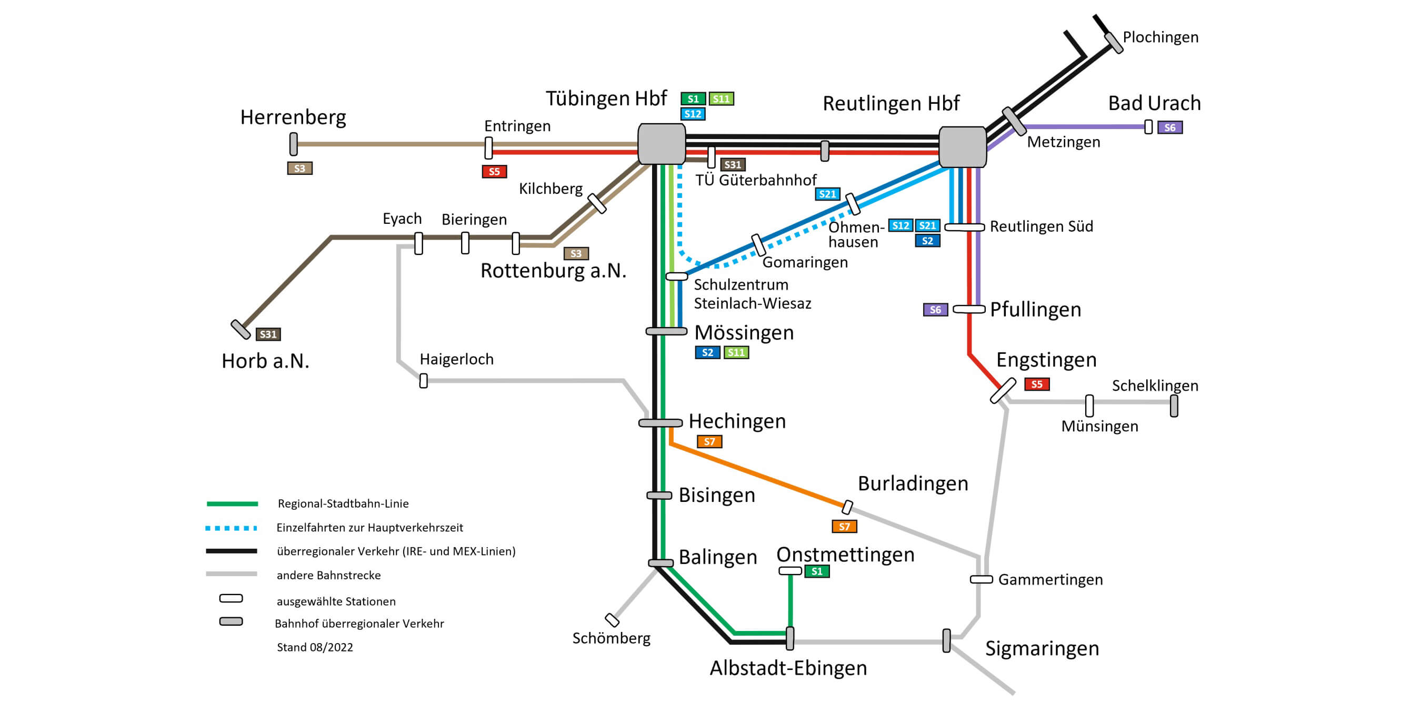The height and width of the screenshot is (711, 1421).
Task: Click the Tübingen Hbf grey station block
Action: (x=662, y=144)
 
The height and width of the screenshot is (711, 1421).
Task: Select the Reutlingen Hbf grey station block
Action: (x=962, y=147)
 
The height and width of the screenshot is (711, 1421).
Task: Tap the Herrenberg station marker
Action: (x=294, y=144)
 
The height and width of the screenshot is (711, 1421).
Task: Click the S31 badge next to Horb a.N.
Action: (x=268, y=334)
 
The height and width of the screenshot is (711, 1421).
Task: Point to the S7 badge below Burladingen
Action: (x=844, y=526)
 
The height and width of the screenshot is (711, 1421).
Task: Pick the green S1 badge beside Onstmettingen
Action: (x=817, y=571)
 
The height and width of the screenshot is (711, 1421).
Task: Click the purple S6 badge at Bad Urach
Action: (x=1169, y=127)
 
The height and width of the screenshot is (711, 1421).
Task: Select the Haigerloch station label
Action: (x=456, y=359)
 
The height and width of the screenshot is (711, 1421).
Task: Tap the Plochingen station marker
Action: (x=1114, y=43)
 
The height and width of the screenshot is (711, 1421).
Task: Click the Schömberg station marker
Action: (x=612, y=620)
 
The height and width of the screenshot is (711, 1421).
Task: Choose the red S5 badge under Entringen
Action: (x=494, y=172)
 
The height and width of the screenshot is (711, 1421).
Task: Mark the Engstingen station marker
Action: (x=1003, y=390)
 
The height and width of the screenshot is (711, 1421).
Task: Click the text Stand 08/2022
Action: (x=314, y=647)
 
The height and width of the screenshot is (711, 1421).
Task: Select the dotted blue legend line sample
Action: (x=231, y=528)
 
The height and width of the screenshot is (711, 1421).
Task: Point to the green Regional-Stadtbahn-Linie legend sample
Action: (x=232, y=504)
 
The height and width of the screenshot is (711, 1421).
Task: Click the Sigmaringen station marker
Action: (x=947, y=640)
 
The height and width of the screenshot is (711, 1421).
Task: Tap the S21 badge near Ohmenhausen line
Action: (x=827, y=194)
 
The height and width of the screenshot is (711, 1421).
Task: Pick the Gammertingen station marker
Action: (x=982, y=579)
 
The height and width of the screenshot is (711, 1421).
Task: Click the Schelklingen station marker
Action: (x=1174, y=406)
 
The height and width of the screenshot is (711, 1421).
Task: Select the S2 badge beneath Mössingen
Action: (x=707, y=352)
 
